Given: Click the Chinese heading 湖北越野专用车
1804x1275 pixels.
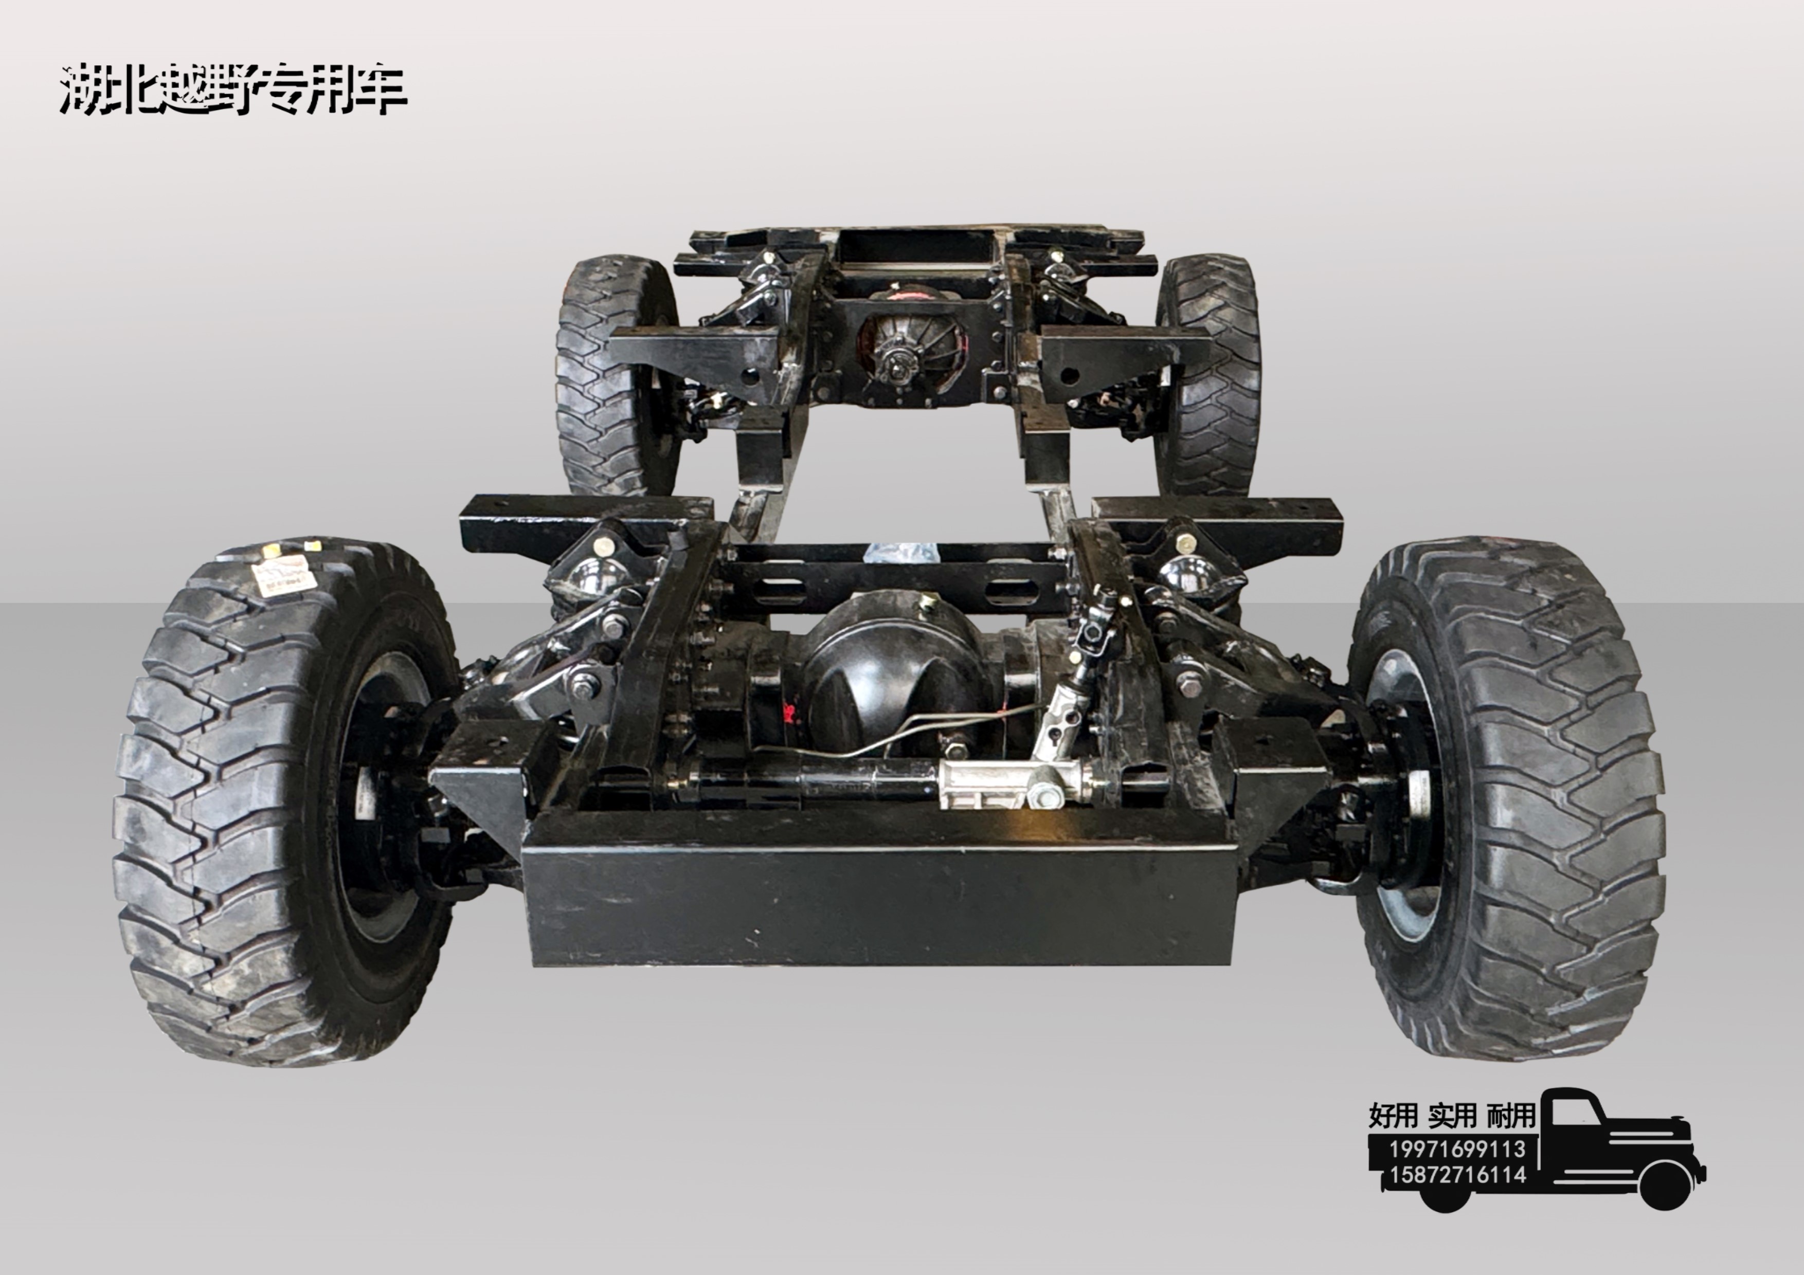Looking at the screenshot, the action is pos(233,89).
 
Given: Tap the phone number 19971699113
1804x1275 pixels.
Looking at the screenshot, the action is pos(1457,1150).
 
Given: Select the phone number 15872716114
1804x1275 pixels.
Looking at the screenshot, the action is pos(1457,1175).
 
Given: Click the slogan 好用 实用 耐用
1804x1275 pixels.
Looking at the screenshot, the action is pos(1452,1115).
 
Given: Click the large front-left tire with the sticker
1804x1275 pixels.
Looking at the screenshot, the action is pos(287,802).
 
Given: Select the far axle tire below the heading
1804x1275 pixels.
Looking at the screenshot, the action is pos(617,375).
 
